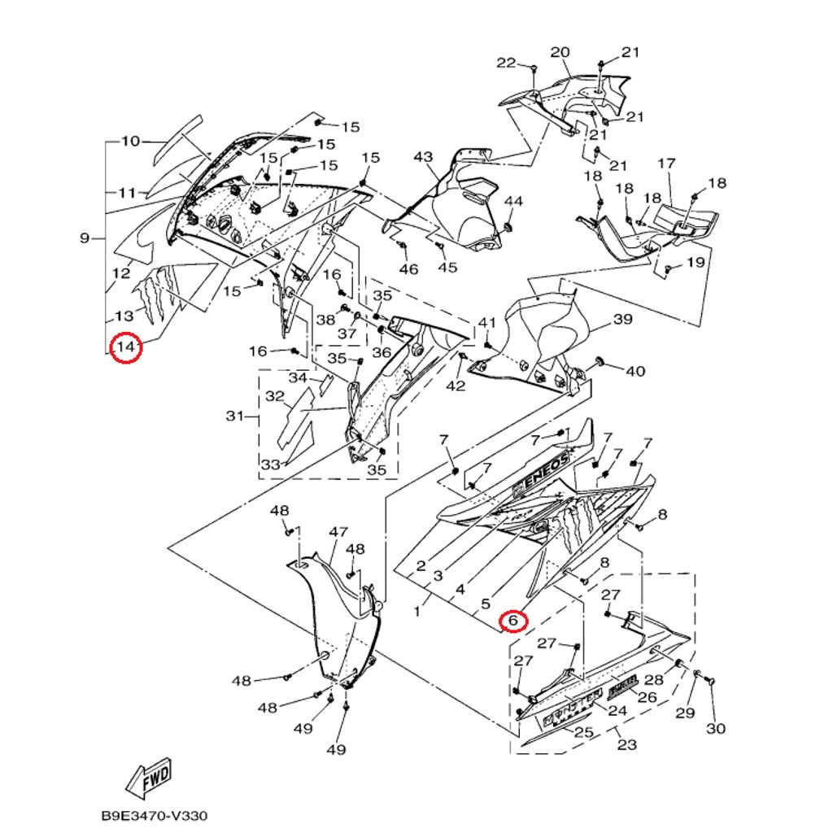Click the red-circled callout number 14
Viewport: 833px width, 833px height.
coord(125,348)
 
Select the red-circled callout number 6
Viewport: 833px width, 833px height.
coord(512,621)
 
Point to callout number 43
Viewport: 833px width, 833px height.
coord(423,157)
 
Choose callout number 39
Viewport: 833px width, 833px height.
coord(622,319)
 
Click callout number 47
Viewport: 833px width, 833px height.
coord(338,532)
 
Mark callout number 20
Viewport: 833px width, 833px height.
coord(560,53)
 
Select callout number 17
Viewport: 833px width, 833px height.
coord(666,164)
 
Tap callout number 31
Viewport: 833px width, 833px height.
coord(235,416)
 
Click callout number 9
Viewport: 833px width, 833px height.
coord(85,238)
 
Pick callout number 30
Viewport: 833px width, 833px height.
coord(715,728)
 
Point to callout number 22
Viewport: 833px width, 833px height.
coord(506,63)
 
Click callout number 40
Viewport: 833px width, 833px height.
coord(635,371)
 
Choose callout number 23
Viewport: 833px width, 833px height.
coord(626,744)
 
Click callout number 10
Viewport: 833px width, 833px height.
coord(131,141)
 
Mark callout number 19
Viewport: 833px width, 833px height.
coord(695,262)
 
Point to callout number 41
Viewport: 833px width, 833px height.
coord(486,323)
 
